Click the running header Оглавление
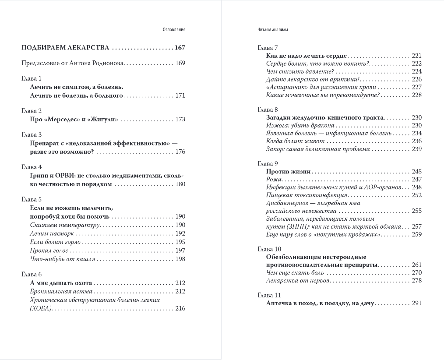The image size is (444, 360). (x=174, y=29)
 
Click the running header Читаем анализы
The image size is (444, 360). (x=275, y=29)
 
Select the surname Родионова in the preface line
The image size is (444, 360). (x=106, y=63)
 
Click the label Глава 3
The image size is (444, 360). (x=32, y=135)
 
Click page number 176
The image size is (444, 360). (x=180, y=152)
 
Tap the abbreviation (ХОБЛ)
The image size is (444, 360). (x=41, y=308)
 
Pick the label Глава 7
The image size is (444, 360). (x=268, y=47)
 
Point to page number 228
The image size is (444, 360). (x=416, y=95)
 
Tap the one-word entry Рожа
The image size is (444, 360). (x=274, y=180)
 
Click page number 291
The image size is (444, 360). (x=416, y=303)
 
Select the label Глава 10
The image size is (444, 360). (x=269, y=249)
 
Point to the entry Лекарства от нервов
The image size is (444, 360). (x=298, y=280)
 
